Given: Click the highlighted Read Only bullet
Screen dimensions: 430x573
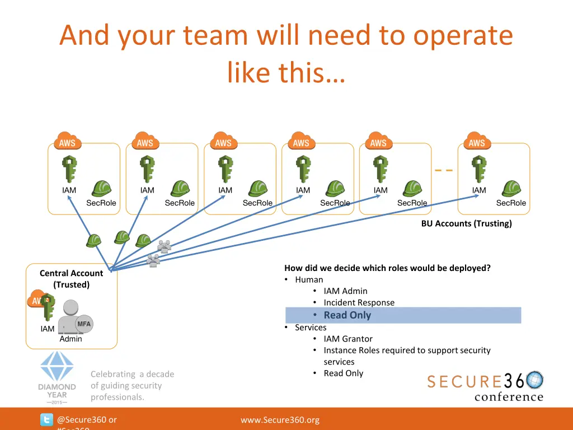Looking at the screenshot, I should click(x=347, y=315).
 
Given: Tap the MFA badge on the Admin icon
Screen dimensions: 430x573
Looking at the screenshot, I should click(x=83, y=324).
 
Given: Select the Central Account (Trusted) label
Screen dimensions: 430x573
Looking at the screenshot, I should click(x=71, y=279).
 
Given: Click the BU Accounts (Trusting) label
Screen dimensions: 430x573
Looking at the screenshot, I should click(x=466, y=223).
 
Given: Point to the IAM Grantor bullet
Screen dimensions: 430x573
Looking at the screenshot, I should click(x=347, y=339).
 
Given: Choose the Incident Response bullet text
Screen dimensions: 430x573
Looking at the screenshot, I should click(x=359, y=302).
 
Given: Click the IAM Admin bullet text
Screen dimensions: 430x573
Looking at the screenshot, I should click(x=345, y=291).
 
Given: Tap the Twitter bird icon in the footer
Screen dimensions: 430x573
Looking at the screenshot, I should click(x=46, y=420).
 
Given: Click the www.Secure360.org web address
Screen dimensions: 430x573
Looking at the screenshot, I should click(x=280, y=420).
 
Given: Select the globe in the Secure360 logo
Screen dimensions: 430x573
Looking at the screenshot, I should click(x=534, y=380).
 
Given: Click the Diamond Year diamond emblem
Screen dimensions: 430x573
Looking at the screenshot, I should click(x=57, y=367).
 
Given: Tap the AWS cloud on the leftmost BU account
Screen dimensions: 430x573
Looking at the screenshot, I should click(x=67, y=141).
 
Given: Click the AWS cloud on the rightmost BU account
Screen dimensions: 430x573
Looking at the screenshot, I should click(x=477, y=141).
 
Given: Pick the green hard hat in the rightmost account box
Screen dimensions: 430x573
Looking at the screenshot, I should click(x=511, y=189).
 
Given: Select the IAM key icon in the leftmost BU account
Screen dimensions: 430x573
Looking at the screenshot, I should click(x=69, y=170).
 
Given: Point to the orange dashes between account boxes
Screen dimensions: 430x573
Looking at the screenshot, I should click(x=444, y=170).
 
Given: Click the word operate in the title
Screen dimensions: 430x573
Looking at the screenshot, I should click(x=463, y=35).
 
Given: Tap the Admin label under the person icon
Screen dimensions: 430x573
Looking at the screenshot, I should click(x=71, y=339).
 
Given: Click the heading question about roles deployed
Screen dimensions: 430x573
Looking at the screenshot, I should click(x=387, y=268).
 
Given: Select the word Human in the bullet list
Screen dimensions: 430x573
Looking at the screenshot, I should click(x=309, y=279).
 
